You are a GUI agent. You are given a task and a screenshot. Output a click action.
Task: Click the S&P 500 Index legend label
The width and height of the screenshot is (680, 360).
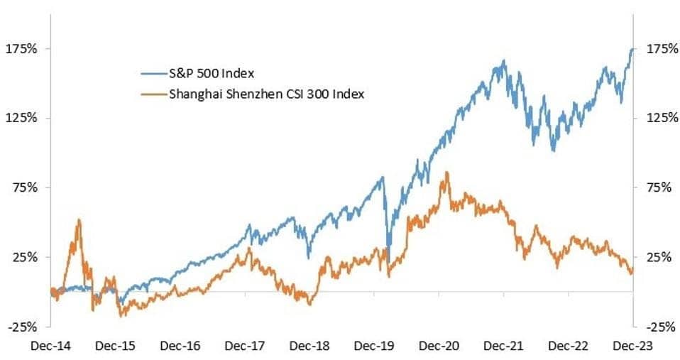pyautogui.click(x=211, y=73)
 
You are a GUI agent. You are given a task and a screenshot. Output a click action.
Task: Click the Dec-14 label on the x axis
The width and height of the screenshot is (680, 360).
pyautogui.click(x=51, y=346)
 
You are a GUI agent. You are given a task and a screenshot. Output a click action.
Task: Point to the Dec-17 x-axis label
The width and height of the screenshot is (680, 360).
pyautogui.click(x=245, y=346)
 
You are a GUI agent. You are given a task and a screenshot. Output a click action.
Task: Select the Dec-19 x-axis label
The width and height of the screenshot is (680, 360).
pyautogui.click(x=374, y=346)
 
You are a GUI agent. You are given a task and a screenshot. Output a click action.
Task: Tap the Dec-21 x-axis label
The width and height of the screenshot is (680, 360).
pyautogui.click(x=503, y=346)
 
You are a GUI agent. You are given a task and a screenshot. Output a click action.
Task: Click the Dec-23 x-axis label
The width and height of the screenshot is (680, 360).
pyautogui.click(x=632, y=346)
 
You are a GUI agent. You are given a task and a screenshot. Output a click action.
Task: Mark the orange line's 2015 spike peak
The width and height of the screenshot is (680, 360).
pyautogui.click(x=79, y=219)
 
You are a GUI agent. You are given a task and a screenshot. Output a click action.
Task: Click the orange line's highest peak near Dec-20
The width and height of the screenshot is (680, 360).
pyautogui.click(x=446, y=172)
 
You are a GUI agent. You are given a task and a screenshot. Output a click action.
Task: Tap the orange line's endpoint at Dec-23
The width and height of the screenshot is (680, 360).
pyautogui.click(x=632, y=270)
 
